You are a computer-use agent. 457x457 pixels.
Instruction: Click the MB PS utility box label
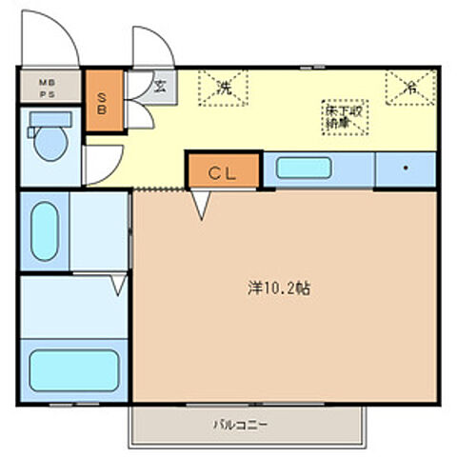click(47, 89)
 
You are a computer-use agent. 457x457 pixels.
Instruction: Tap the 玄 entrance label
click(160, 86)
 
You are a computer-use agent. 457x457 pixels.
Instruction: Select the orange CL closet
click(222, 172)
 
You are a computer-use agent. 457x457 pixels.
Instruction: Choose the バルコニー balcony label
click(240, 425)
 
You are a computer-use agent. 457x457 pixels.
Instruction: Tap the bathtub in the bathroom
click(72, 369)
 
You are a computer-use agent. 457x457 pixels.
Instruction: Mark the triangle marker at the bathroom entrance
click(118, 284)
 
